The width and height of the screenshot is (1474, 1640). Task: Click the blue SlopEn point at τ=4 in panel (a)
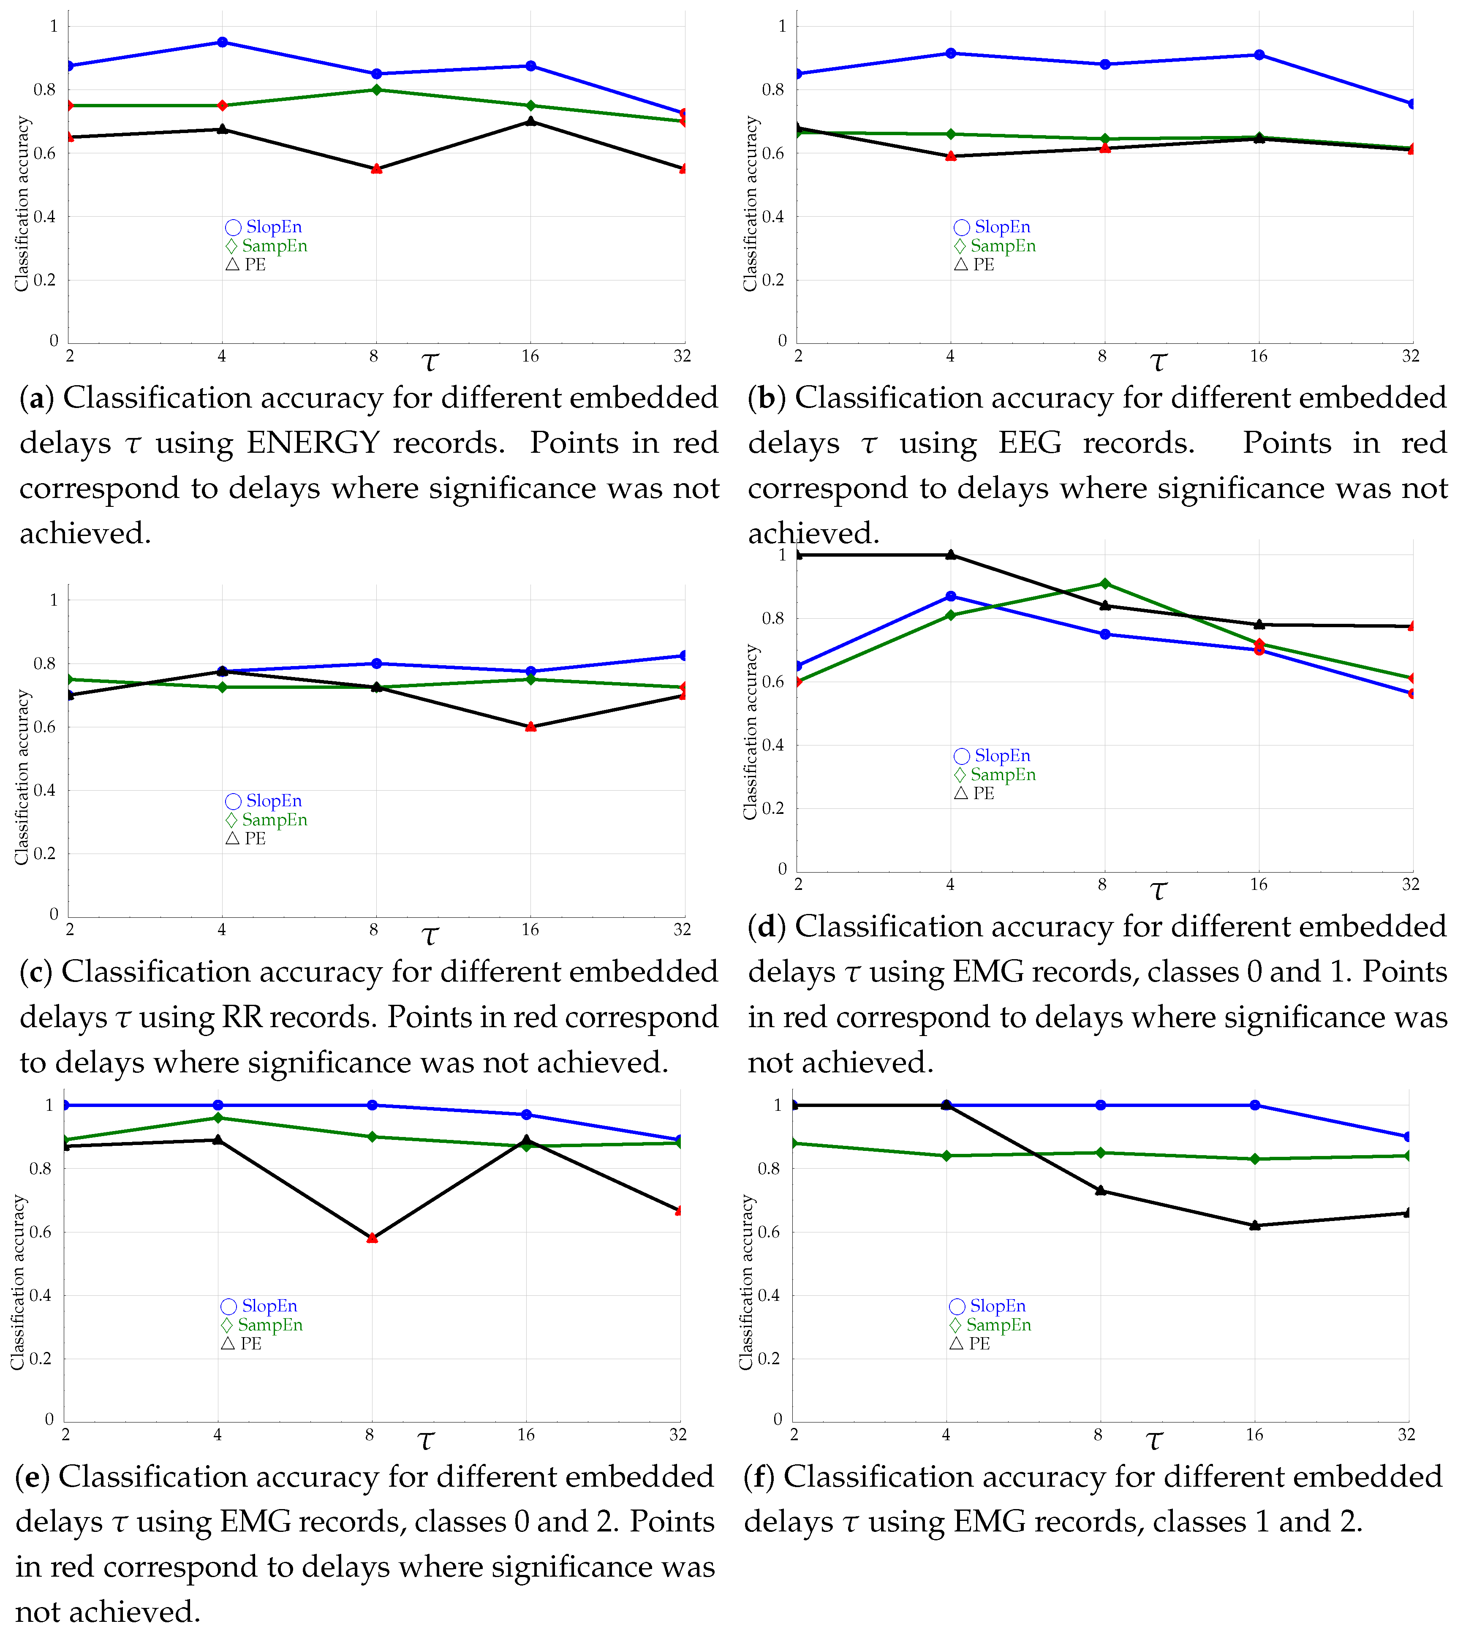click(222, 42)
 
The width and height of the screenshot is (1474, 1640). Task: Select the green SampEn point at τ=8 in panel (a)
click(376, 90)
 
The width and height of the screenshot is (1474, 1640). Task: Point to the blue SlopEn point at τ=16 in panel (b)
click(1259, 55)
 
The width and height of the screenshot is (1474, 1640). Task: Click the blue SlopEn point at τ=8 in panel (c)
click(376, 663)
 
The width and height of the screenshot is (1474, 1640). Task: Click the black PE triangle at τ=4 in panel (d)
click(951, 555)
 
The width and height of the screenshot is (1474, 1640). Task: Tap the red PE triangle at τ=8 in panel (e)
click(372, 1237)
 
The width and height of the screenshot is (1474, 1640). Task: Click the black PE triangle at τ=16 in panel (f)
click(1254, 1225)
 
